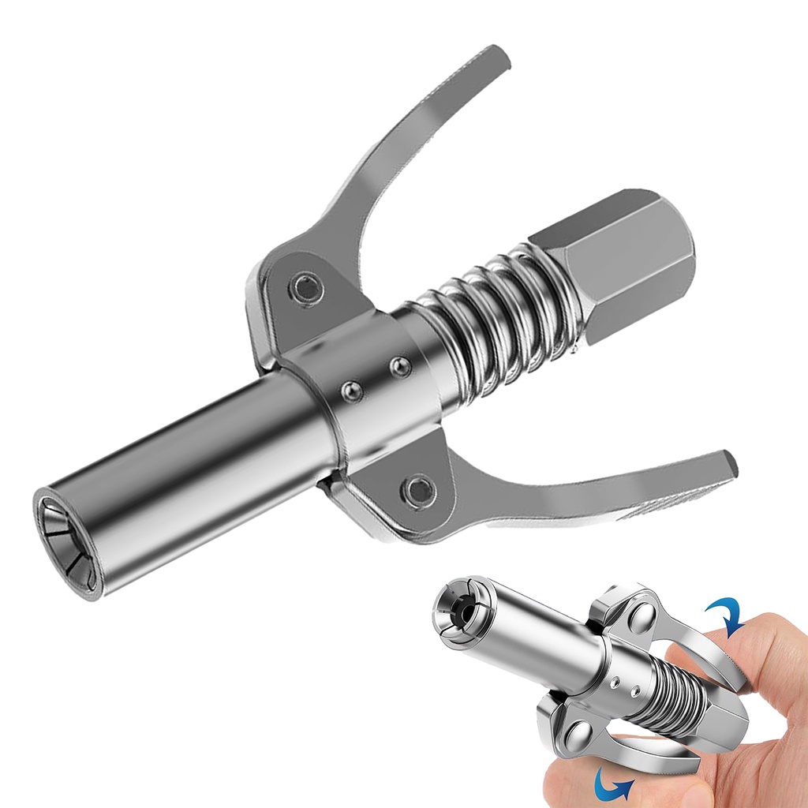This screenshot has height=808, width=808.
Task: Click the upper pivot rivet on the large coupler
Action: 306,287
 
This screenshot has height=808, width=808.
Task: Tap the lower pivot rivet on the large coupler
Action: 417,490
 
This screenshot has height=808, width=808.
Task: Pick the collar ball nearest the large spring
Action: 401,367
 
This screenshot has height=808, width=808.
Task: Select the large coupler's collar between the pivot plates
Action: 371,379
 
